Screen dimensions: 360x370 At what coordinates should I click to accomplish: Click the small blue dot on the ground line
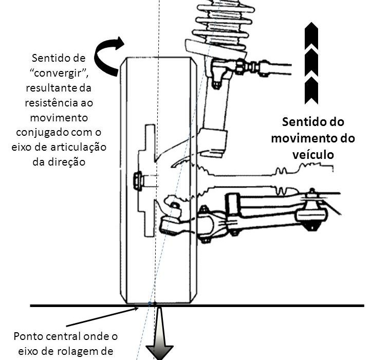click(x=150, y=304)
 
